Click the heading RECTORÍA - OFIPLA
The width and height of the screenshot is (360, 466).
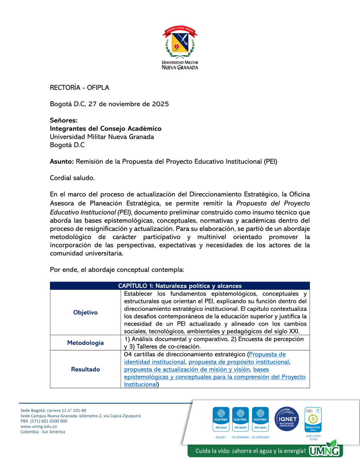pyautogui.click(x=80, y=88)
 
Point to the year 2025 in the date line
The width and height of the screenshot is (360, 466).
pyautogui.click(x=160, y=104)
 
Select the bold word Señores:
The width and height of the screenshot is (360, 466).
pyautogui.click(x=64, y=120)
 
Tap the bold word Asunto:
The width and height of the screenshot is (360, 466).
pyautogui.click(x=62, y=161)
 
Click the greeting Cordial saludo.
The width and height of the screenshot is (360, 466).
pyautogui.click(x=72, y=178)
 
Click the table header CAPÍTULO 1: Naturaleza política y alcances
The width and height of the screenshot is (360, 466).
pyautogui.click(x=180, y=286)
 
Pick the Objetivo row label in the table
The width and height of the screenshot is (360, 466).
pyautogui.click(x=85, y=313)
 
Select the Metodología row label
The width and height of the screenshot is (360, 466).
pyautogui.click(x=85, y=343)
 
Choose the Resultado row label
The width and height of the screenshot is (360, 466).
pyautogui.click(x=85, y=369)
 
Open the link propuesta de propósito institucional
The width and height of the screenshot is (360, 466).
pyautogui.click(x=239, y=362)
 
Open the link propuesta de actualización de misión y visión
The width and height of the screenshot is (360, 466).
pyautogui.click(x=187, y=369)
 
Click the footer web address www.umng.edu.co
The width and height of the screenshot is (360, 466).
pyautogui.click(x=39, y=426)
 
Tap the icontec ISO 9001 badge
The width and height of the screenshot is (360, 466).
pyautogui.click(x=221, y=419)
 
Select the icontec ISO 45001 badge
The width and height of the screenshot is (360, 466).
pyautogui.click(x=240, y=419)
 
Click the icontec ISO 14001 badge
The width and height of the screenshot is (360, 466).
pyautogui.click(x=260, y=419)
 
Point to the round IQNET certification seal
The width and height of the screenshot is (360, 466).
pyautogui.click(x=287, y=419)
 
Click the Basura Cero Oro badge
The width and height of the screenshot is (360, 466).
pyautogui.click(x=313, y=420)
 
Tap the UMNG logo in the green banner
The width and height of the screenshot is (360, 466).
pyautogui.click(x=325, y=451)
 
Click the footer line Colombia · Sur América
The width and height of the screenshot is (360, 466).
pyautogui.click(x=43, y=432)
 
